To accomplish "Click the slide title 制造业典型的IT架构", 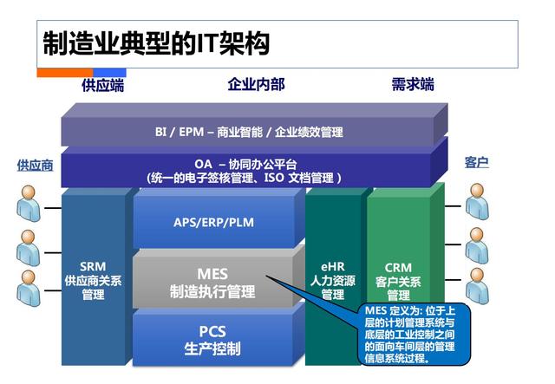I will (x=156, y=43).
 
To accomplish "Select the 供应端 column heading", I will (x=102, y=85).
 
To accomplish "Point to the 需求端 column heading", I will (x=413, y=85).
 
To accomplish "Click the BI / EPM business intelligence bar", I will (x=249, y=132).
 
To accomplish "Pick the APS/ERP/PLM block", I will (x=212, y=222).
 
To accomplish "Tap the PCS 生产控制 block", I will (x=212, y=340).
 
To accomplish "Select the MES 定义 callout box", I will (x=414, y=334).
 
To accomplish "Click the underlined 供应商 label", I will (x=35, y=165).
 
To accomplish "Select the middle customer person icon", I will (x=477, y=246).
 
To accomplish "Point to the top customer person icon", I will (x=477, y=205).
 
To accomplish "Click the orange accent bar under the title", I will (x=64, y=73).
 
